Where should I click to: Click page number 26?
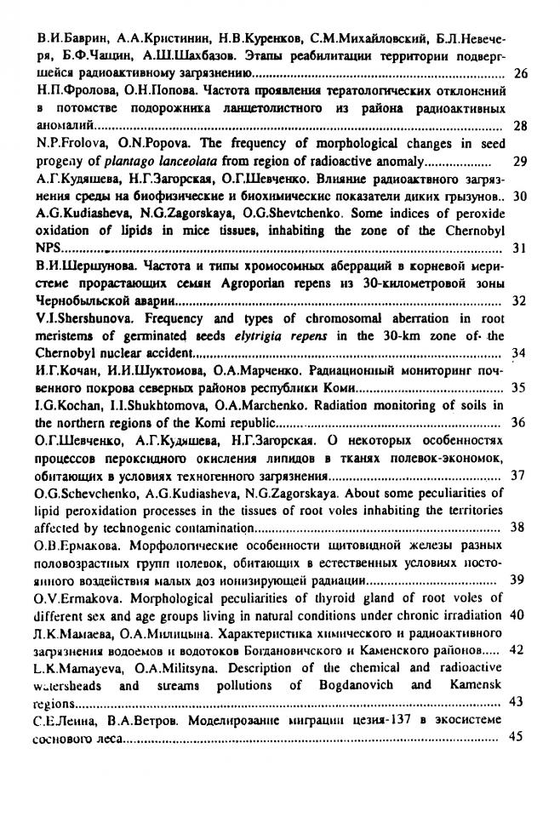(522, 74)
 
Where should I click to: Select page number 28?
(522, 127)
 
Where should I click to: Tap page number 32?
(521, 301)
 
